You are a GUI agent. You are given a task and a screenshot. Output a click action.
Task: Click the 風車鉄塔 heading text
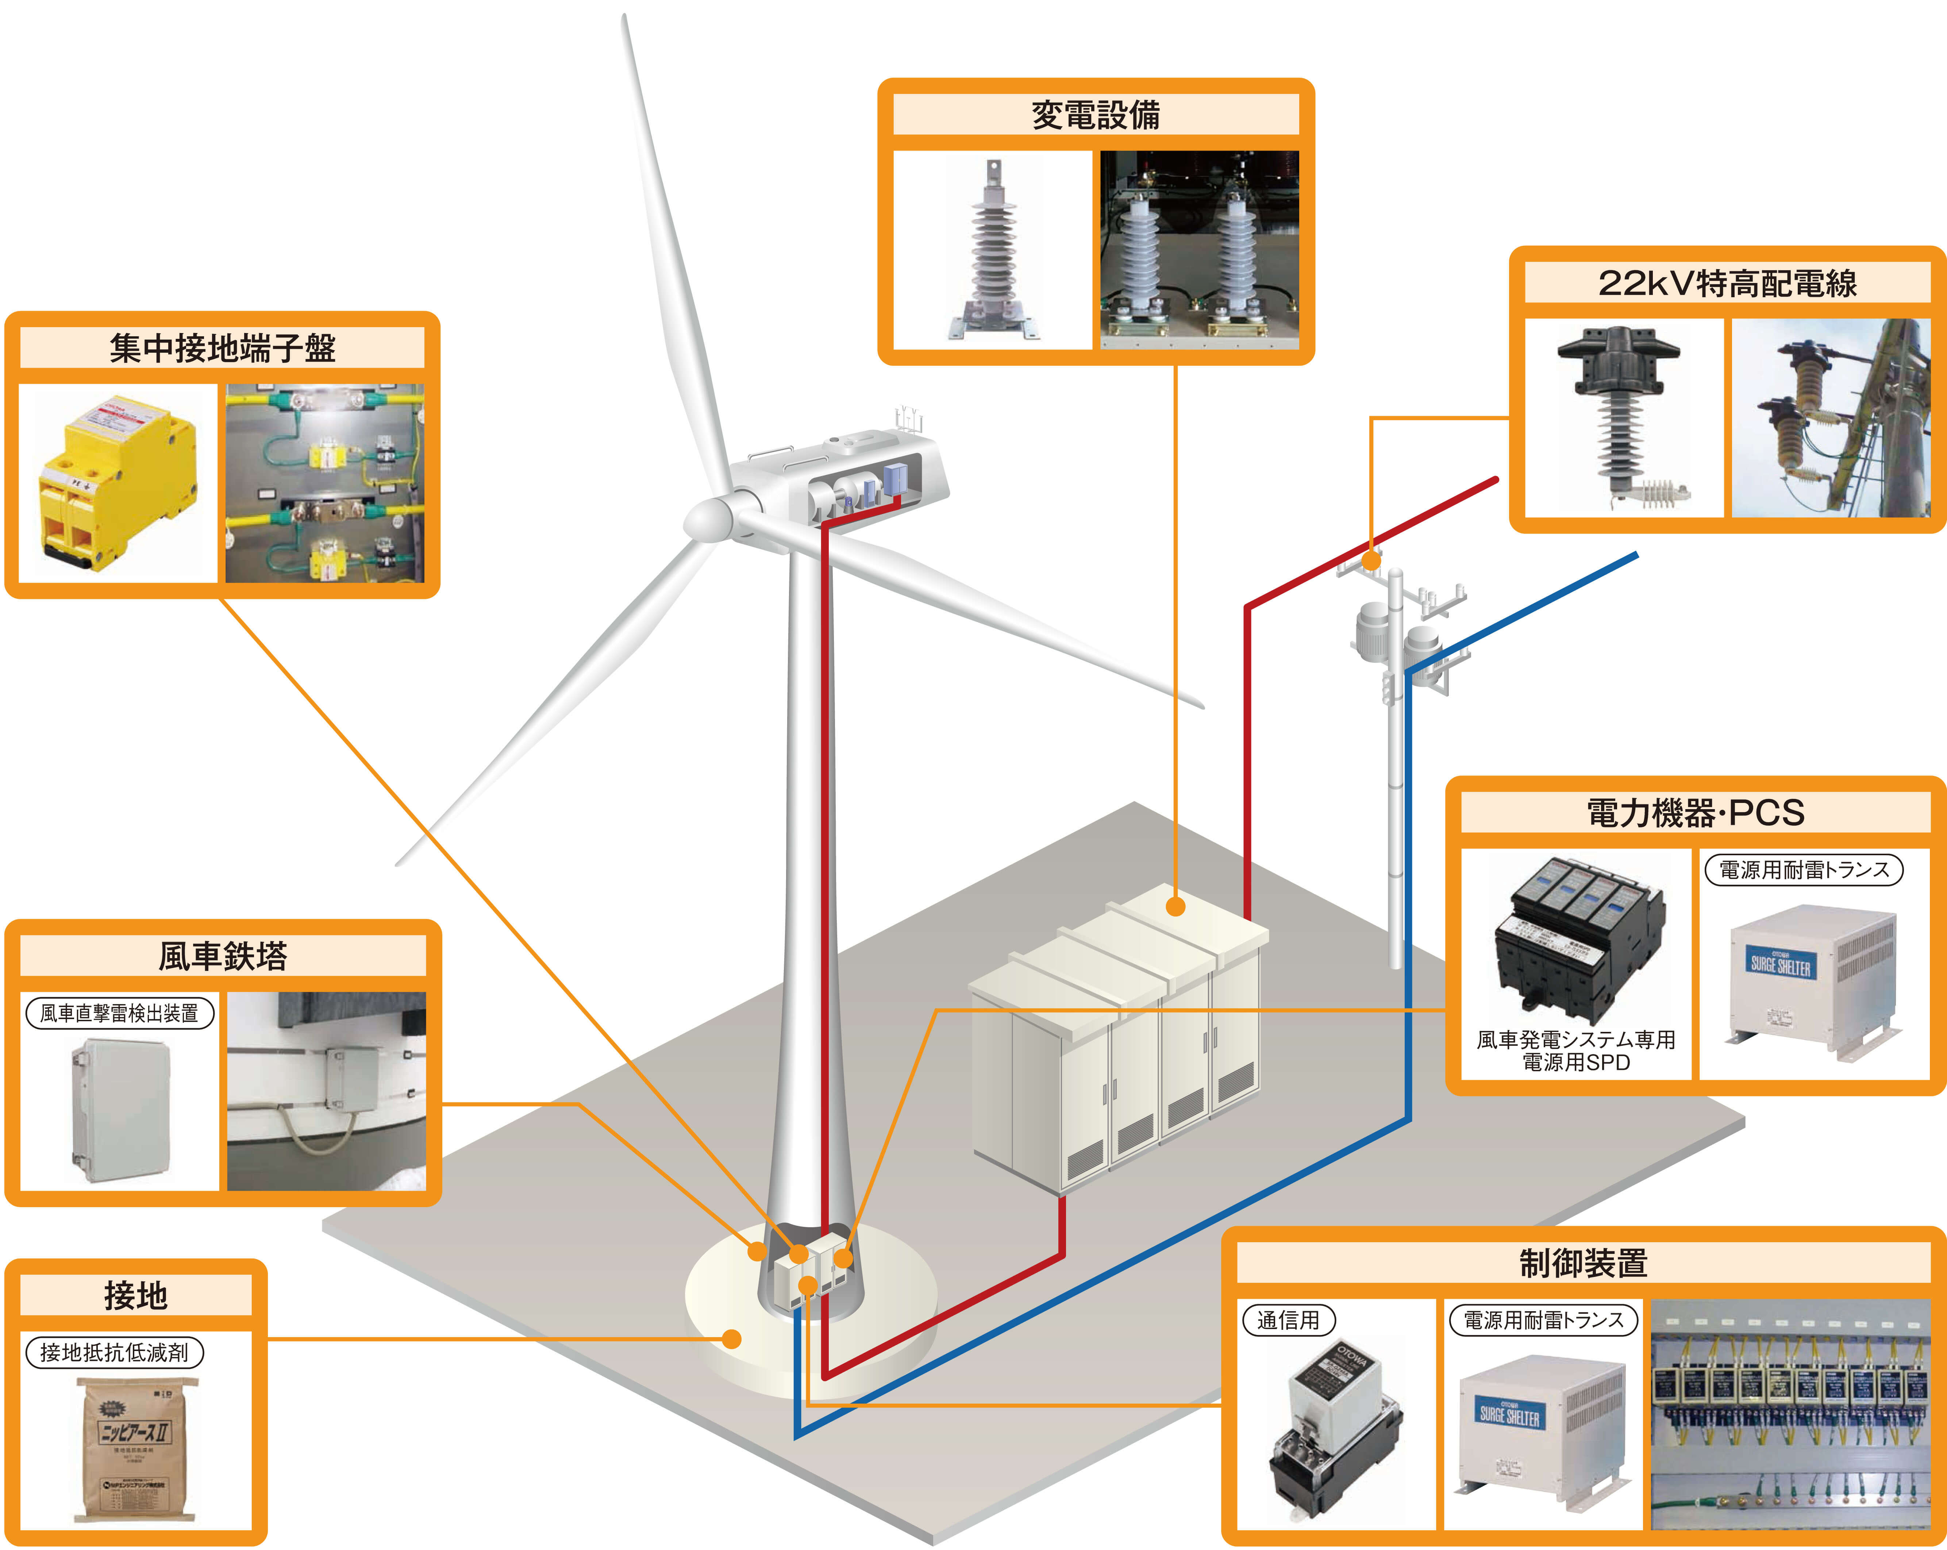click(222, 956)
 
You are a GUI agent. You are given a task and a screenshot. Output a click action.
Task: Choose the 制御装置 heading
click(1583, 1263)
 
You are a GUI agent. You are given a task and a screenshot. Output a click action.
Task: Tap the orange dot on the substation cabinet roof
click(1175, 906)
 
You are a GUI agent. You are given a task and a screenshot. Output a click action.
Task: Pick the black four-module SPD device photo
click(1576, 939)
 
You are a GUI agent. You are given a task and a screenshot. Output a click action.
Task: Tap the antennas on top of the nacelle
click(908, 417)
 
